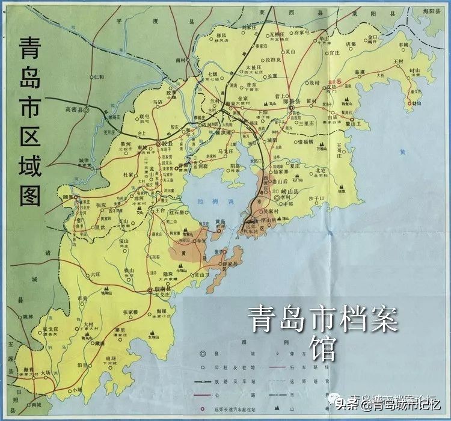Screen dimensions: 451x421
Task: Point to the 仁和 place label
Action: (99, 77)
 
